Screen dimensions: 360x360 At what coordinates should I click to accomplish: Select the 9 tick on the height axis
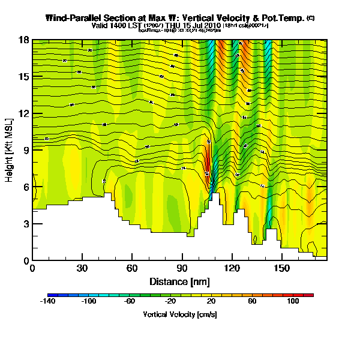(x=25, y=151)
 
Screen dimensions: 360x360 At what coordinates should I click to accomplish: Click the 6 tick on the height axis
(x=25, y=187)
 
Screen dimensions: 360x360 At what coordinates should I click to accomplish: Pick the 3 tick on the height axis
(x=25, y=224)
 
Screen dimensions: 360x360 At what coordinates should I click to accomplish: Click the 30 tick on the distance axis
(x=82, y=268)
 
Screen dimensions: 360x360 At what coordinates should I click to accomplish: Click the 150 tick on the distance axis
(x=281, y=268)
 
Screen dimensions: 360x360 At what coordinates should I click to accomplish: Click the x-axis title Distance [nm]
(x=179, y=281)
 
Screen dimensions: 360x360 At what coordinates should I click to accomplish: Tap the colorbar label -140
(x=48, y=302)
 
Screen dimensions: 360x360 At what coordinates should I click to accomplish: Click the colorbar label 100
(x=293, y=302)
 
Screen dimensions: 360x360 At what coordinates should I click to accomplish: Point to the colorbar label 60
(x=252, y=302)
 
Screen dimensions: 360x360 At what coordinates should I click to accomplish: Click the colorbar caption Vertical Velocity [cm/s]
(x=180, y=314)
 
